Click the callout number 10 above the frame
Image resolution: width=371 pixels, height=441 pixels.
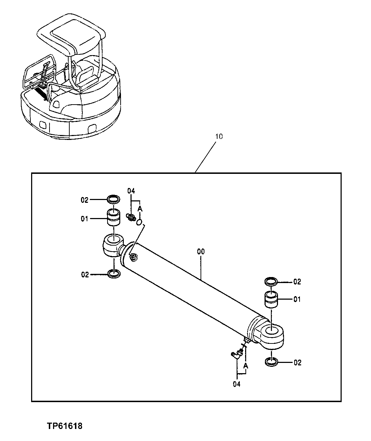click(219, 136)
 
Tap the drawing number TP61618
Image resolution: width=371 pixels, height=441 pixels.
click(65, 426)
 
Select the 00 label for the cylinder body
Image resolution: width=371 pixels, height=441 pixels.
click(201, 252)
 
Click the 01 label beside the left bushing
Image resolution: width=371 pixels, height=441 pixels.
click(84, 219)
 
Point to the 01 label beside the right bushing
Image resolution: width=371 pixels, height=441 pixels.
click(297, 299)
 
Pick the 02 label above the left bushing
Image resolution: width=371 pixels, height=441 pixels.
click(84, 200)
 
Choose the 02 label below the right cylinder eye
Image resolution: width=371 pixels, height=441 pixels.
click(297, 363)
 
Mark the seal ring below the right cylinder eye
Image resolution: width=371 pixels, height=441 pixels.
click(271, 362)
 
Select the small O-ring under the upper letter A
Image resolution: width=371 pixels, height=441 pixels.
click(139, 222)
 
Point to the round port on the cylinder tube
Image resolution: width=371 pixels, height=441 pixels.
click(133, 257)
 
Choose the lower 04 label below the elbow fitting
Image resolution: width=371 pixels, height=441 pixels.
click(236, 384)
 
